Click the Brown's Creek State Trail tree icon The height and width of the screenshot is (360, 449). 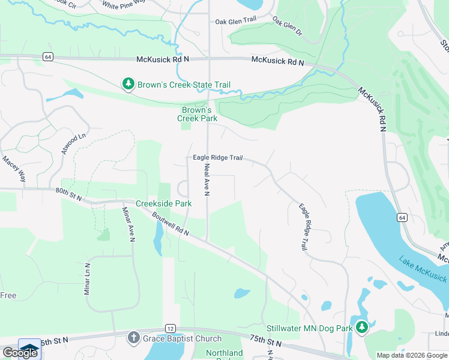pyautogui.click(x=128, y=85)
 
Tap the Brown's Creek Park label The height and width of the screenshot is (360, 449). pyautogui.click(x=196, y=114)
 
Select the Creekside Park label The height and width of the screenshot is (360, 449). pyautogui.click(x=163, y=203)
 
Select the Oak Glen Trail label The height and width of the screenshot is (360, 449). pyautogui.click(x=236, y=22)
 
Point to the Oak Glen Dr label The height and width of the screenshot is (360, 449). pyautogui.click(x=286, y=26)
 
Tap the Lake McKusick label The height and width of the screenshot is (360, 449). pyautogui.click(x=423, y=269)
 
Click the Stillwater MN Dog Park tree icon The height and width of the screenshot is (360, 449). pyautogui.click(x=361, y=328)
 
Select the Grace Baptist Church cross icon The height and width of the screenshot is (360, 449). pyautogui.click(x=133, y=338)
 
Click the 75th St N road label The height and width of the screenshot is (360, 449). pyautogui.click(x=266, y=342)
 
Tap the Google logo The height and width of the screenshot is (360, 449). pyautogui.click(x=20, y=352)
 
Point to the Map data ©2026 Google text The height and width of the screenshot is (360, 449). pyautogui.click(x=412, y=355)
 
